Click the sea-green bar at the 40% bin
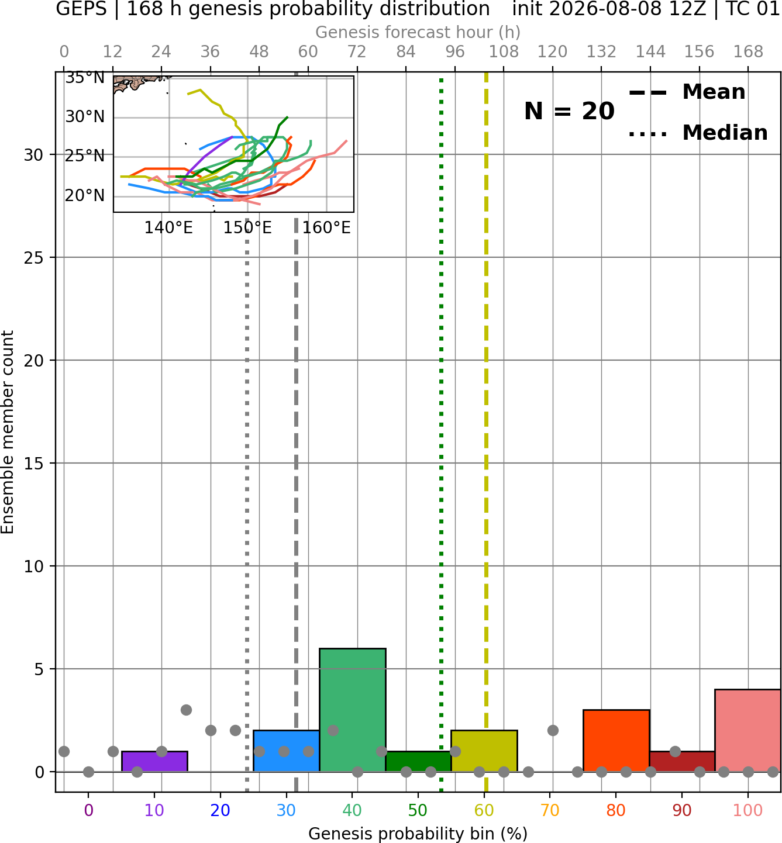pos(353,710)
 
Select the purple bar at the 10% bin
pos(154,762)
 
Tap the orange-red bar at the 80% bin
pos(616,741)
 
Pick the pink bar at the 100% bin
pos(748,731)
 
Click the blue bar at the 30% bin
pos(286,751)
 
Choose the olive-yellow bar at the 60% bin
pos(484,751)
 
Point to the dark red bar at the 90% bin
pos(682,762)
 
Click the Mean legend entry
pos(687,92)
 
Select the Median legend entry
pos(698,133)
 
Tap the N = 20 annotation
pos(569,111)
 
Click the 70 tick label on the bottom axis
pos(550,810)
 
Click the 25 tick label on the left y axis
pos(34,258)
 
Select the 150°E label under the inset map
pos(247,228)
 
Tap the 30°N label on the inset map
pos(85,117)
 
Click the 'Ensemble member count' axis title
pos(8,432)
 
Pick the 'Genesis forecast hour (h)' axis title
pos(418,32)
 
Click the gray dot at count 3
pos(186,710)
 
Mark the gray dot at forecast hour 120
pos(553,731)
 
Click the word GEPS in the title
pos(81,9)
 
